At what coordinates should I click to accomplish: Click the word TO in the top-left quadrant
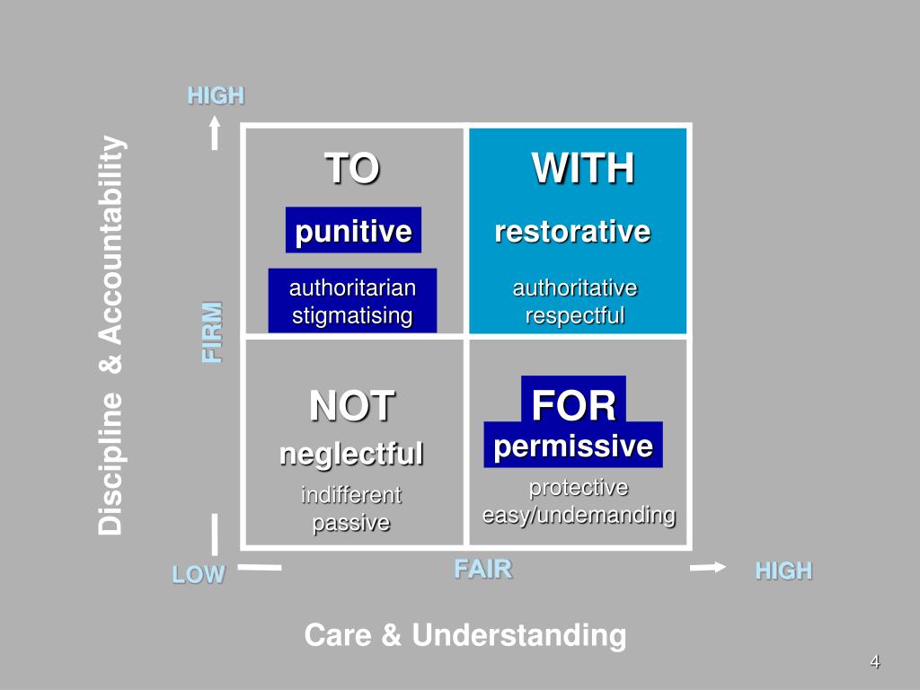352,169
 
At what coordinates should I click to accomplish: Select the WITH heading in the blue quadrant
582,169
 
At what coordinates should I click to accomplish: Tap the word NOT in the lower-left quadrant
352,406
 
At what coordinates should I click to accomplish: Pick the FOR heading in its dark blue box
573,406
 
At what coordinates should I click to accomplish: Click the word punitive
353,232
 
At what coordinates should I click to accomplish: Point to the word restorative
572,232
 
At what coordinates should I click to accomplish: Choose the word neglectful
351,454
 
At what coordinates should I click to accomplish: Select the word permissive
573,446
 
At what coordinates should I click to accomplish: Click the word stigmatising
352,316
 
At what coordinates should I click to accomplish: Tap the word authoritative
575,288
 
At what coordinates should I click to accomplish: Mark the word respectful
575,316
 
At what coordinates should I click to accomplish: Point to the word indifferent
351,495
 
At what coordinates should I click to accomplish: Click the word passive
351,523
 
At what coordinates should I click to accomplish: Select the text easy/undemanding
579,516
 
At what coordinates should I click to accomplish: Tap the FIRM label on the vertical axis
211,332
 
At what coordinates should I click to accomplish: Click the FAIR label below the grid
482,569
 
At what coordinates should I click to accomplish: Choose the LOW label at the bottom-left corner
199,575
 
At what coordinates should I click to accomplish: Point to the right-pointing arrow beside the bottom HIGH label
708,567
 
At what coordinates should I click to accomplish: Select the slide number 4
874,663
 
